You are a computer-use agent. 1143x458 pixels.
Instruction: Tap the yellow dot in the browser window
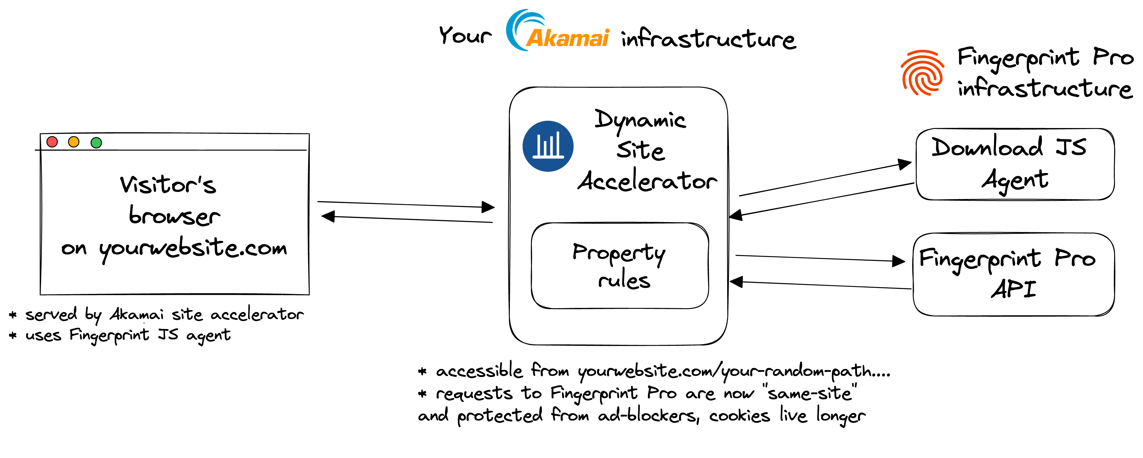74,142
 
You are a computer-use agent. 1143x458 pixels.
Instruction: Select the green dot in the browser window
96,142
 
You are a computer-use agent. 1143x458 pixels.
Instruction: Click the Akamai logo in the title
558,31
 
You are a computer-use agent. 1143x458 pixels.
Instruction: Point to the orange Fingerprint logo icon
922,73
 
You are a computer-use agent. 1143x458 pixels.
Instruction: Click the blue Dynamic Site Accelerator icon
548,147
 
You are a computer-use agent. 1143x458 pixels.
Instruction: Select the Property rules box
620,265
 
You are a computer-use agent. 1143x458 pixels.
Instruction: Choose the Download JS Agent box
1015,164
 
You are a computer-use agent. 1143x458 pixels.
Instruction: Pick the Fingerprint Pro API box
1014,274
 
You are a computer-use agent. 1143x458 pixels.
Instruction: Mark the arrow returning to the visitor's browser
406,219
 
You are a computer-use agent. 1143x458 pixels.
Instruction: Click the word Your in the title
465,35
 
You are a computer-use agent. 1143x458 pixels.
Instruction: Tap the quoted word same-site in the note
810,393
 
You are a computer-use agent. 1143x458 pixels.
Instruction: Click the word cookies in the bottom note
739,416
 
